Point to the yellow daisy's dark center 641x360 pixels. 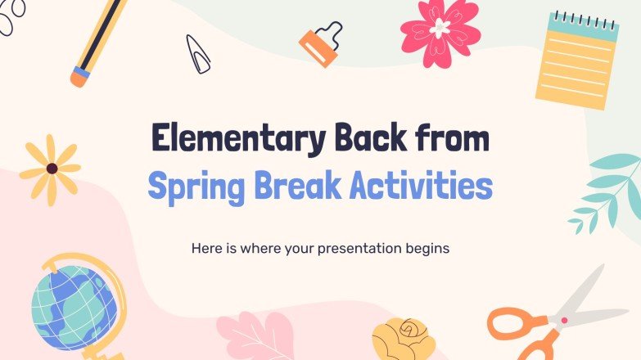coord(52,169)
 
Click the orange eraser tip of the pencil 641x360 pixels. coord(79,77)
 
